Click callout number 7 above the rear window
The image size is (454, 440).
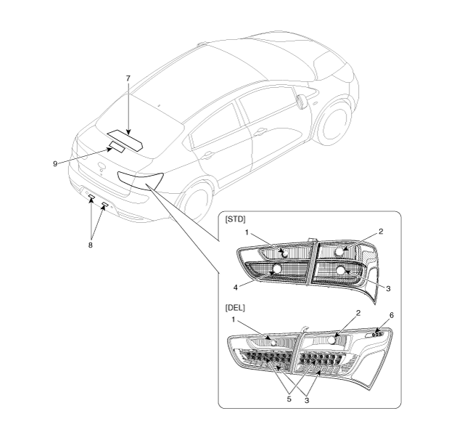(128, 78)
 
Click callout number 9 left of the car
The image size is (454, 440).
(55, 164)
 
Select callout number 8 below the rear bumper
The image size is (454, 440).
(91, 245)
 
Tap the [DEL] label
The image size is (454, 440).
(235, 308)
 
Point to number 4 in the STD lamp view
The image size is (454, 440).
(236, 288)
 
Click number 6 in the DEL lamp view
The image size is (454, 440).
(392, 315)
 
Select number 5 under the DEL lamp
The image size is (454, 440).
(289, 399)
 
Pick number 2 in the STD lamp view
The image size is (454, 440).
(381, 232)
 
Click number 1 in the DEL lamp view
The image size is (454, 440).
(234, 319)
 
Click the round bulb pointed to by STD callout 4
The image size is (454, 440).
(277, 269)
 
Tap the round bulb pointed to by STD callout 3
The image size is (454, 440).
(341, 270)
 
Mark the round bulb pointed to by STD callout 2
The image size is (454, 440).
(339, 252)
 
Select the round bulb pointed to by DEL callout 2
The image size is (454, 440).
(332, 341)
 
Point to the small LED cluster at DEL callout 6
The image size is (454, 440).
(378, 335)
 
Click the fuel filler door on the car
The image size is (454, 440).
(302, 102)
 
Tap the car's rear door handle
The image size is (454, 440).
(260, 132)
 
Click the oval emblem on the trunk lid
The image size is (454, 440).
(102, 165)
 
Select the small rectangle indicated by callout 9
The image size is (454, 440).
(117, 147)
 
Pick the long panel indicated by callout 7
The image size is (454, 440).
(125, 140)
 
